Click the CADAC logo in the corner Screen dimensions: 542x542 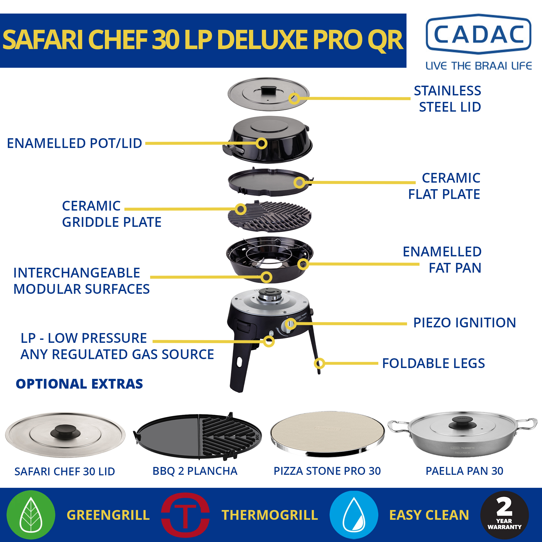[478, 34]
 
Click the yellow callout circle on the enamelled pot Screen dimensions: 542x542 [261, 143]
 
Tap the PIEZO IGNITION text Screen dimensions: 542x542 [464, 322]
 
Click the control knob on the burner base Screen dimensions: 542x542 [290, 324]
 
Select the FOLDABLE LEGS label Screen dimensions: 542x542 [433, 363]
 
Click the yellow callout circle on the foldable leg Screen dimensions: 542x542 [319, 364]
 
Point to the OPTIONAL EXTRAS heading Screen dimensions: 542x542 [79, 384]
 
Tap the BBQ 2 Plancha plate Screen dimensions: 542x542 [199, 437]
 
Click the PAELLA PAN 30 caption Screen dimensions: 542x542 [464, 471]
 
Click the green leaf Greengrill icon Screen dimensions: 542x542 [31, 515]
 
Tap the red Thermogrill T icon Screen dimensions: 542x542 [185, 515]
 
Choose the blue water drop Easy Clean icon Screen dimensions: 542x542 [354, 515]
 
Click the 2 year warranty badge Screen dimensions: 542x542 [504, 515]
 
